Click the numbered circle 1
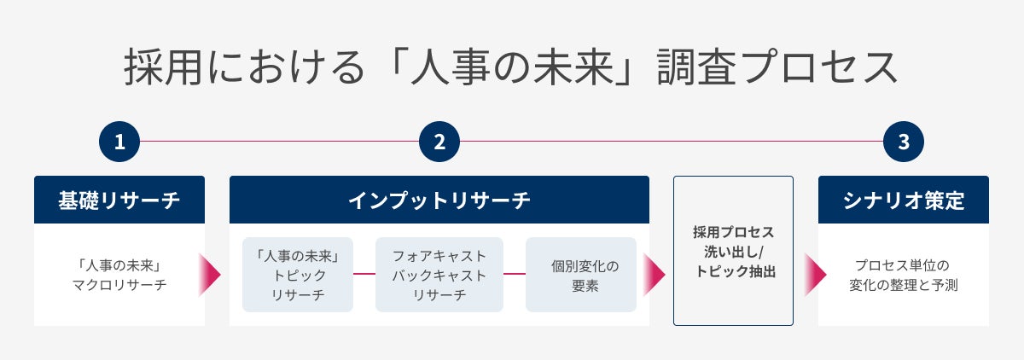pos(119,142)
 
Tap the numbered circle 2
pos(439,142)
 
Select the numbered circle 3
pos(904,142)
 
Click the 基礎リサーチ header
pos(119,200)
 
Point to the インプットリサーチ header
pos(439,200)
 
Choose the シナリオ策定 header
pos(904,200)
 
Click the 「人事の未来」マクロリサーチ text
pos(119,275)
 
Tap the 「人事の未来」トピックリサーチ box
pos(298,275)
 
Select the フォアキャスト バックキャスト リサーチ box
pos(439,275)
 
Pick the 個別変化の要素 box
pos(581,275)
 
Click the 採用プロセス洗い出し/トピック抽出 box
pos(733,251)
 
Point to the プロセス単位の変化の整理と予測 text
pos(904,275)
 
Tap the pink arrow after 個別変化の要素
pos(655,275)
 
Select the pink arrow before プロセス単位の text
pos(815,275)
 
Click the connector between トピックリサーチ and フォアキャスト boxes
pos(364,274)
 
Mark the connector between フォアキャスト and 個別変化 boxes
pos(515,274)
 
